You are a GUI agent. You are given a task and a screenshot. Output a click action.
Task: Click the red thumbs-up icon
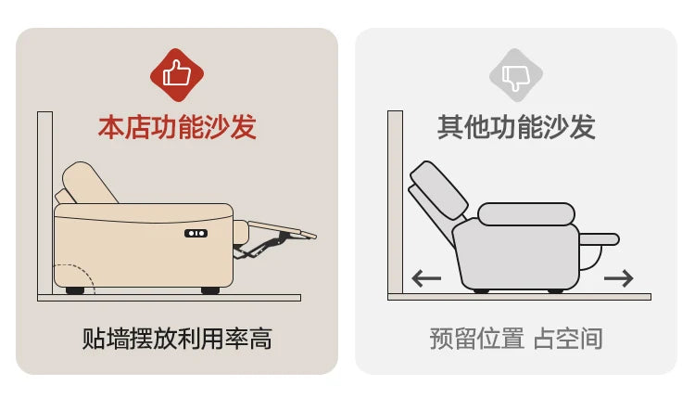point(177,74)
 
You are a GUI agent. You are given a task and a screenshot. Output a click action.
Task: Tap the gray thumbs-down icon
point(516,75)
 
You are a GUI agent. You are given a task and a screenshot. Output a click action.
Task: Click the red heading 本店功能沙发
point(177,127)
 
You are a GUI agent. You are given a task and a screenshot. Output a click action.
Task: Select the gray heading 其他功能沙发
point(516,127)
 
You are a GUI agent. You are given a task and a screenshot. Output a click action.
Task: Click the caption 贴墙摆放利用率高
point(177,339)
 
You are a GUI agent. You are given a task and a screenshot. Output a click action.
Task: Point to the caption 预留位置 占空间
point(516,339)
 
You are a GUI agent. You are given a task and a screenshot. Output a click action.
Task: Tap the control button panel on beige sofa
point(196,233)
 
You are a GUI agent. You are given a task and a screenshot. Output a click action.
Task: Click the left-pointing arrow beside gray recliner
point(426,278)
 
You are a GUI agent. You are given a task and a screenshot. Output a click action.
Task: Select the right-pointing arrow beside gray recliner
point(619,278)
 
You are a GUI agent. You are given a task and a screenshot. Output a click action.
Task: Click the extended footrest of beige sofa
point(282,229)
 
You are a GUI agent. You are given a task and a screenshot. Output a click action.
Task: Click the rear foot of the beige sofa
point(75,290)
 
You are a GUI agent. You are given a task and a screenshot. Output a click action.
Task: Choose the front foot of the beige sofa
point(210,290)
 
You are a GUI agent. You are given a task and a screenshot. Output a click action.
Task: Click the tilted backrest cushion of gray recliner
point(438,191)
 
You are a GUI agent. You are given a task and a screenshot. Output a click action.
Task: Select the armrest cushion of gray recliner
point(526,214)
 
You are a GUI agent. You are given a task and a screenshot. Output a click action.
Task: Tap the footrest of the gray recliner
point(600,239)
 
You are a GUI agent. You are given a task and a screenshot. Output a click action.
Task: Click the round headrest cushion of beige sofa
point(89,183)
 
